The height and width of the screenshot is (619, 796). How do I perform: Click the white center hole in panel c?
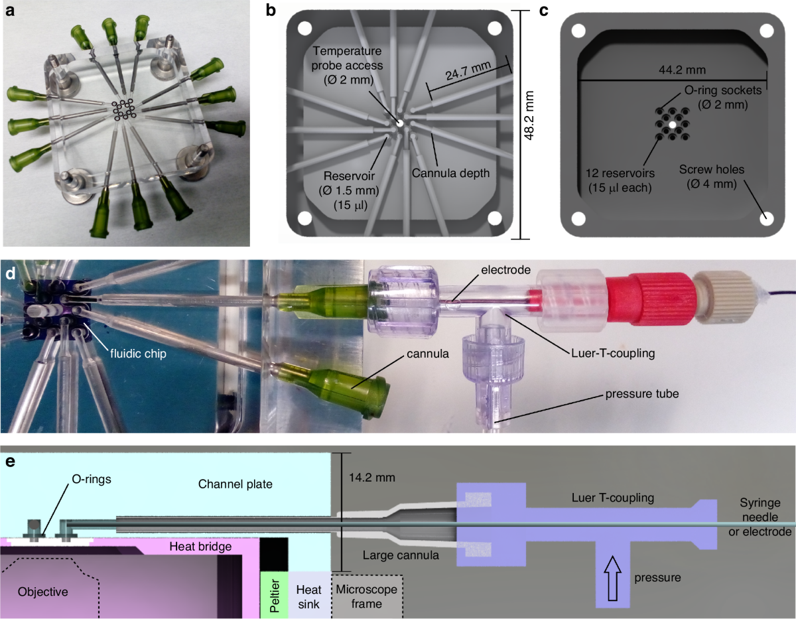tap(673, 124)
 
